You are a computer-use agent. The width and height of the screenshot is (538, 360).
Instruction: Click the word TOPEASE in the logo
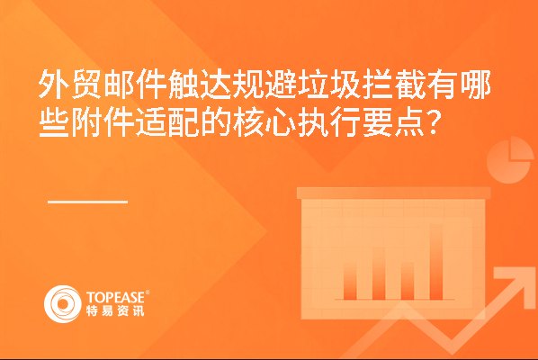click(115, 297)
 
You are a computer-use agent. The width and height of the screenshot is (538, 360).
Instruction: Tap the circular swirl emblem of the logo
click(62, 304)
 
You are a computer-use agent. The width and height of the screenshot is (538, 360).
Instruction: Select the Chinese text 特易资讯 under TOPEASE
click(115, 310)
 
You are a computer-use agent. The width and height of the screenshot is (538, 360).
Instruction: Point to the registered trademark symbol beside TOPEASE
click(148, 292)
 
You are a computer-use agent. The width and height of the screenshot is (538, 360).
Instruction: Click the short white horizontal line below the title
click(88, 202)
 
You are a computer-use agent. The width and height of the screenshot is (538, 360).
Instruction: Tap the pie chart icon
click(510, 159)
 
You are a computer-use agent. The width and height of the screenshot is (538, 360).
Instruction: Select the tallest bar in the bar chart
click(436, 262)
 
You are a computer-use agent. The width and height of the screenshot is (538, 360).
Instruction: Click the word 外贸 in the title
click(69, 84)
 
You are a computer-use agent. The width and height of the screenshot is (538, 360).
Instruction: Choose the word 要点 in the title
click(393, 122)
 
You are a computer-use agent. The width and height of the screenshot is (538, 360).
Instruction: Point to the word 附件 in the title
click(102, 122)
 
